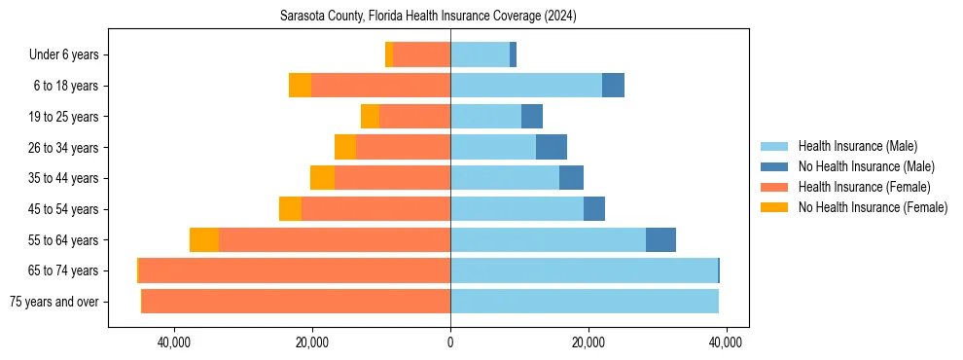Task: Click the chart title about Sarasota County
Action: pos(428,17)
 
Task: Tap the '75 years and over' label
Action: pos(54,302)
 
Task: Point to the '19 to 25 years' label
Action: pos(63,117)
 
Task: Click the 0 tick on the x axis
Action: pos(450,342)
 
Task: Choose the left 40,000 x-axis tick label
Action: pos(174,342)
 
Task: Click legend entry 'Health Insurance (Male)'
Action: pos(857,146)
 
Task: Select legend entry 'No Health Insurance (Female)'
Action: pos(873,207)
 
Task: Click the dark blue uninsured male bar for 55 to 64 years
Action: pos(660,239)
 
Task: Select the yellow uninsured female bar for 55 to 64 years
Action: pos(204,239)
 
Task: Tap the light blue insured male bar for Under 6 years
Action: pos(480,54)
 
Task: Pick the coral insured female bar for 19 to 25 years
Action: pos(414,117)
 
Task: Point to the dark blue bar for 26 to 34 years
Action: pos(552,147)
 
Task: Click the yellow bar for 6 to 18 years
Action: pos(300,86)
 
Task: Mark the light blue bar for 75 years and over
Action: pos(584,302)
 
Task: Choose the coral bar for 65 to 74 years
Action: pos(294,270)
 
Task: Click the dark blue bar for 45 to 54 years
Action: pos(594,209)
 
